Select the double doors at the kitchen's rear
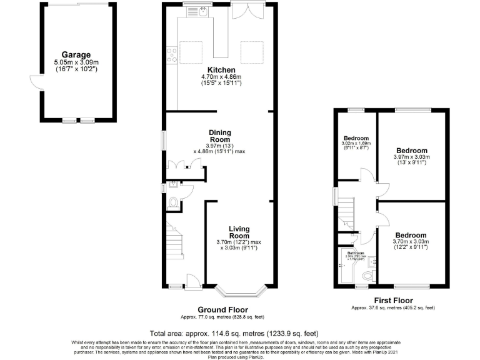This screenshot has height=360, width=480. (x=244, y=11)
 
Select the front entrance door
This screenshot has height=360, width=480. (x=192, y=283)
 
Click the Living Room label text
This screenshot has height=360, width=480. (x=239, y=232)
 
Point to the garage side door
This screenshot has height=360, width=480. (x=35, y=82)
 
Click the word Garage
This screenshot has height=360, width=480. (x=76, y=55)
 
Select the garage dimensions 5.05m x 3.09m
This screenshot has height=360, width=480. (x=76, y=62)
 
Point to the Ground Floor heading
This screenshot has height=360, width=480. (x=222, y=310)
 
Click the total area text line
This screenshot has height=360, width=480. (x=239, y=333)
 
